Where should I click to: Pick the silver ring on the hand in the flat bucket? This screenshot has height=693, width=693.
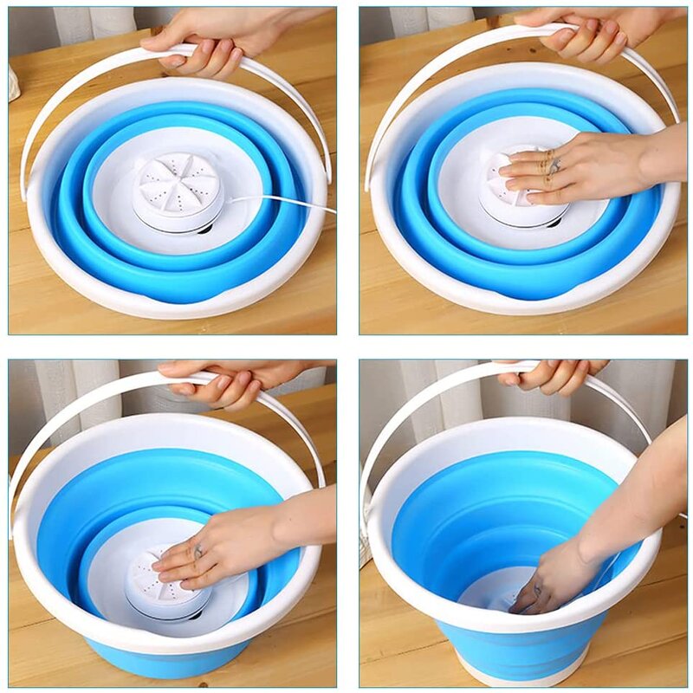point(554,165)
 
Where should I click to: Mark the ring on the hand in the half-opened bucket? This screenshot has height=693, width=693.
point(198,551)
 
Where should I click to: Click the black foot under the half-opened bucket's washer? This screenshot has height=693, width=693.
point(194,616)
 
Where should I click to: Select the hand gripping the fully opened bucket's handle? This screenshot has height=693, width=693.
point(554,375)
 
